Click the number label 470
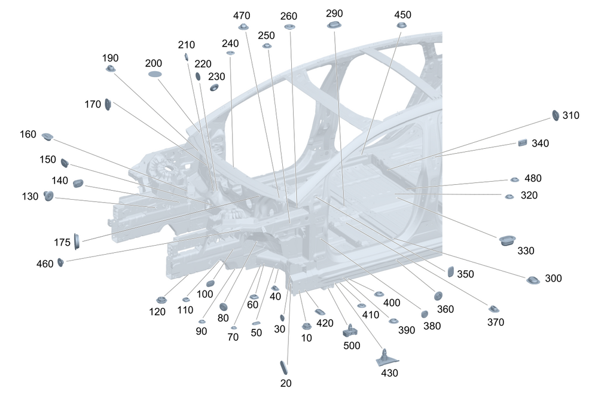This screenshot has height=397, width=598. click(x=242, y=16)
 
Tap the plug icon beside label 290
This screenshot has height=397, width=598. click(x=334, y=25)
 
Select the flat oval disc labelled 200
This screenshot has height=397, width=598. click(x=155, y=74)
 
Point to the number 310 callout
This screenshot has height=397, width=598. click(x=570, y=115)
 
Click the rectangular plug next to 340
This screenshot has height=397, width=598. click(x=523, y=143)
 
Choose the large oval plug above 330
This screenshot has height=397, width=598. click(x=507, y=240)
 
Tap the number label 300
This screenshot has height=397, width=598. click(x=553, y=278)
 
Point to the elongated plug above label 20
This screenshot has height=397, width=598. click(x=283, y=367)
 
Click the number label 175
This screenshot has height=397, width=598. click(x=62, y=242)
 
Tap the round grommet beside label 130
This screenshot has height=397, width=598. click(x=48, y=196)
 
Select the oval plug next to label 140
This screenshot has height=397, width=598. click(x=78, y=183)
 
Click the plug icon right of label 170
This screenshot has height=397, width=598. click(x=108, y=104)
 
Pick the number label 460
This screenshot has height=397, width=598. click(x=45, y=264)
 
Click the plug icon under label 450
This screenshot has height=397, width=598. click(x=402, y=25)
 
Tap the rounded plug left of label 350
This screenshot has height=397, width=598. click(x=450, y=271)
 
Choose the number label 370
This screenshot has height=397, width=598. click(x=495, y=322)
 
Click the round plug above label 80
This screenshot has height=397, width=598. click(x=224, y=307)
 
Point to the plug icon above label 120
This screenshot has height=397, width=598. click(x=161, y=300)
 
